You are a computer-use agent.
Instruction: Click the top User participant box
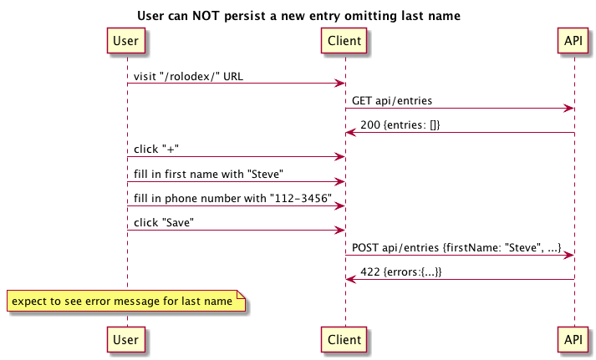126,40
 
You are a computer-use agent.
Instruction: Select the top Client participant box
344,40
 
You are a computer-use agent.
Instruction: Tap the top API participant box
573,40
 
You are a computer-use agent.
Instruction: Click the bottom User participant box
126,339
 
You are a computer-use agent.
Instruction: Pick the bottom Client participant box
344,339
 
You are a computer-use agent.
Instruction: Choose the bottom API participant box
573,339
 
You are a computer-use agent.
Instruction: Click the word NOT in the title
206,16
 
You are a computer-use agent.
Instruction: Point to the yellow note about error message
126,301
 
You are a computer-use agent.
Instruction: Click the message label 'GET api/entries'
392,100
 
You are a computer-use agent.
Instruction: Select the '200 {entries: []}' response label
400,125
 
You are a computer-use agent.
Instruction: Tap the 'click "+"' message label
156,150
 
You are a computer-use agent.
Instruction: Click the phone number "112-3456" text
301,198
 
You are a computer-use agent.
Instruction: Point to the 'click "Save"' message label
164,222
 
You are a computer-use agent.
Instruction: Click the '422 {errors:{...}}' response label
401,272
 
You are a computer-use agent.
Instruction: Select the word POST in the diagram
365,247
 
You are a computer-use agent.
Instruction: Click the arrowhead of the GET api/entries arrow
568,109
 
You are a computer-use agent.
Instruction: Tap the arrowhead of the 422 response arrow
351,280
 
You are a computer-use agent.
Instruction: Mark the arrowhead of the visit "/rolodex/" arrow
340,84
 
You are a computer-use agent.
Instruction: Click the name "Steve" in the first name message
265,174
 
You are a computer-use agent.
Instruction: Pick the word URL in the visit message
233,76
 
